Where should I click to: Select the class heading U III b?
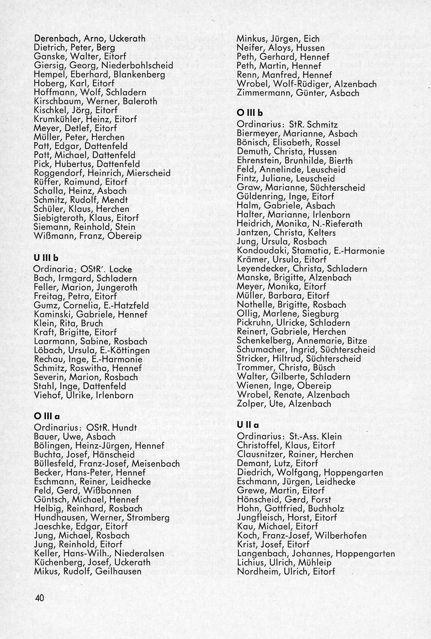pyautogui.click(x=46, y=258)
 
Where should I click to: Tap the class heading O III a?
pyautogui.click(x=47, y=417)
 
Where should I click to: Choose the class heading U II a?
pyautogui.click(x=248, y=425)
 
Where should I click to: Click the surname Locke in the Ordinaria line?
pyautogui.click(x=121, y=269)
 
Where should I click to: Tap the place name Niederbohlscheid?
pyautogui.click(x=137, y=65)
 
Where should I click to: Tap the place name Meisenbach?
pyautogui.click(x=156, y=464)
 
